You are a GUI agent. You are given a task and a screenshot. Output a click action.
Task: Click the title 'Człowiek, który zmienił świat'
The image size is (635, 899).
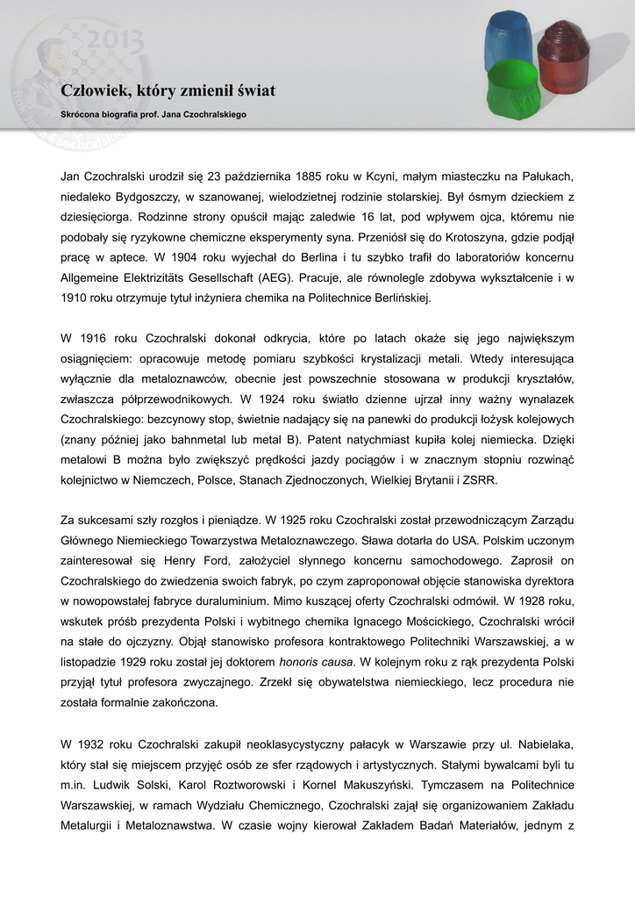click(168, 90)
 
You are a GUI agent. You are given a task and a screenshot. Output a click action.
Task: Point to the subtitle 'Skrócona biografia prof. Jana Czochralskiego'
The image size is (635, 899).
click(153, 114)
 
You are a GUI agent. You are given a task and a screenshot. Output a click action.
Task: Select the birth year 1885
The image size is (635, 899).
click(313, 176)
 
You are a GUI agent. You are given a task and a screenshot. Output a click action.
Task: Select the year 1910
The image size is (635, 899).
click(76, 298)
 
